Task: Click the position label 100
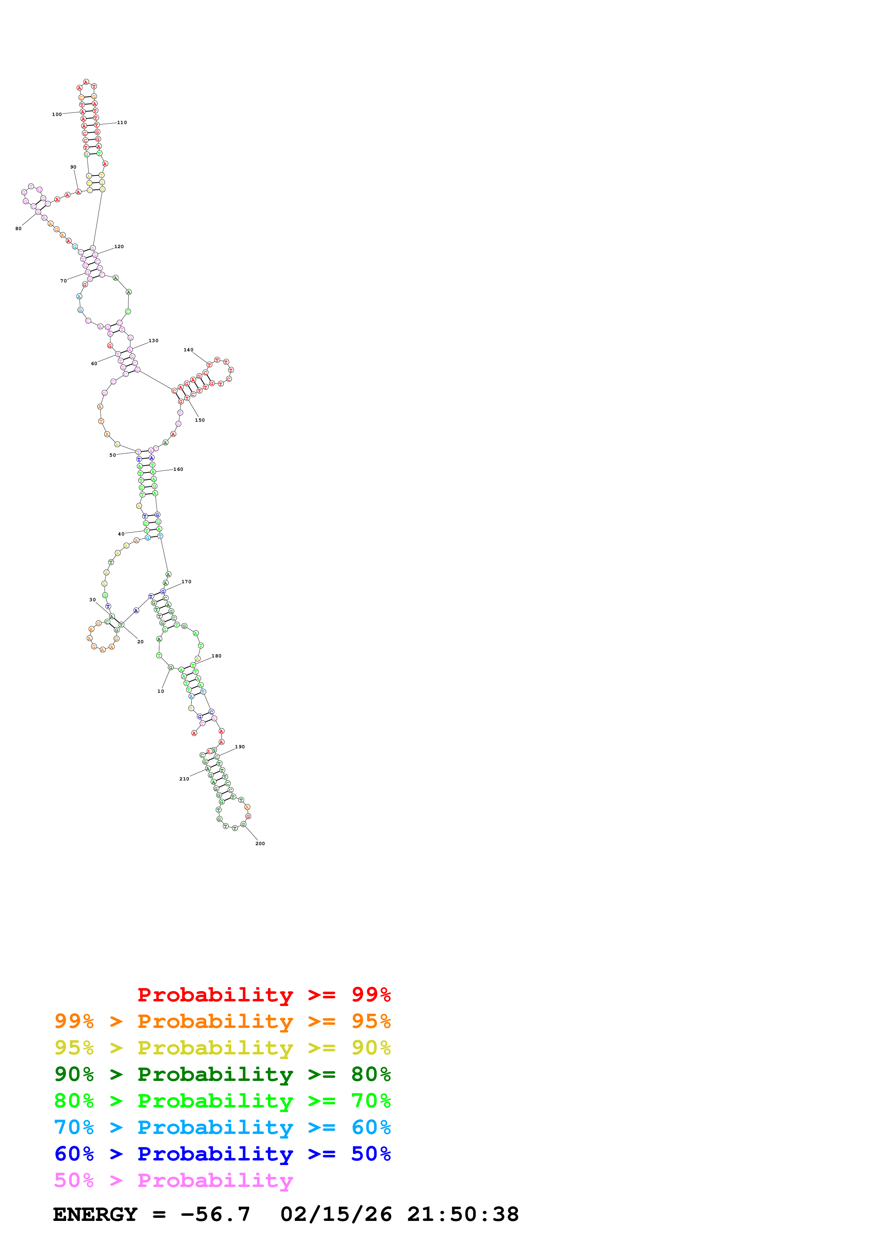click(x=57, y=115)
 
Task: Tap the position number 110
click(x=122, y=123)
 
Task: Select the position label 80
click(x=18, y=228)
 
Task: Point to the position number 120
click(x=119, y=247)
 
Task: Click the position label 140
click(x=188, y=350)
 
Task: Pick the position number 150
click(x=200, y=420)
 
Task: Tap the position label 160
click(x=178, y=469)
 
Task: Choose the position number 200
click(x=260, y=844)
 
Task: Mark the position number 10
click(x=161, y=691)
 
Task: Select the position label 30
click(x=92, y=599)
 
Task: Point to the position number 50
click(x=112, y=455)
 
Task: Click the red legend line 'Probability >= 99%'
click(x=264, y=994)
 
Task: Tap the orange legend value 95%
click(x=371, y=1021)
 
